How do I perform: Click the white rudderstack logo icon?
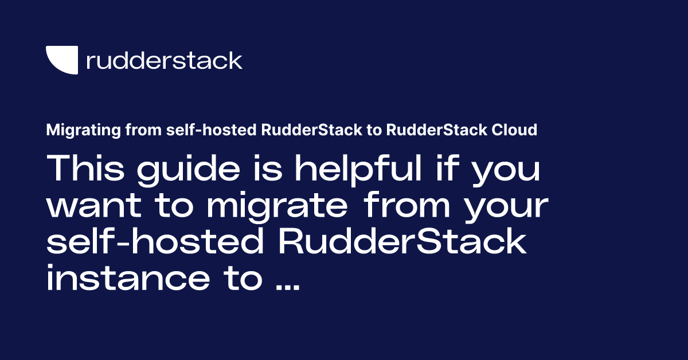click(61, 60)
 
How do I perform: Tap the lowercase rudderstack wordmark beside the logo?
click(164, 60)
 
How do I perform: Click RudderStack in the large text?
click(401, 242)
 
